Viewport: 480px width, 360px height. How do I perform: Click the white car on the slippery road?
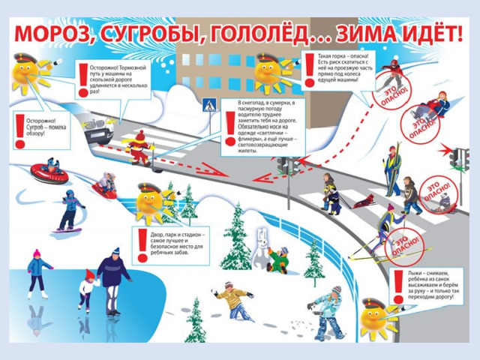click(x=102, y=132)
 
